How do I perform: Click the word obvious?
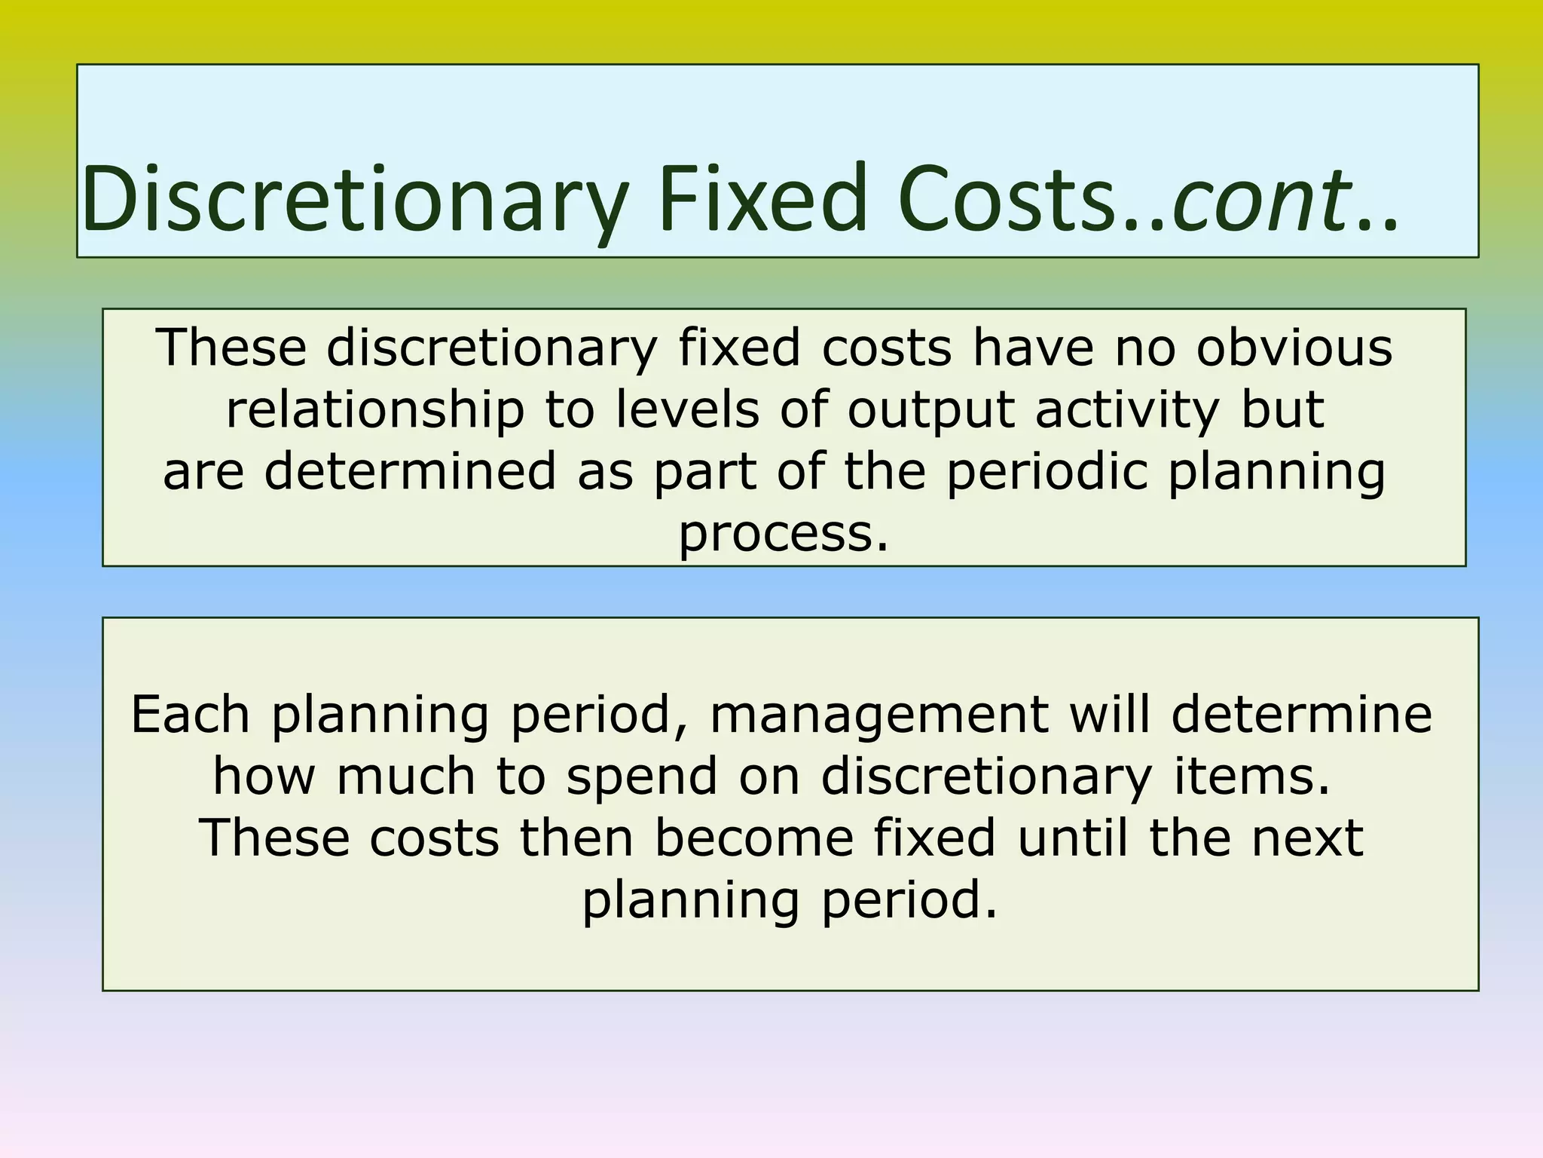[1294, 348]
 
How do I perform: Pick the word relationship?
[374, 410]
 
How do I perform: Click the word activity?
[1126, 412]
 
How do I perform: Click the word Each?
[191, 714]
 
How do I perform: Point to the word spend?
[641, 777]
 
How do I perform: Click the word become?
[753, 838]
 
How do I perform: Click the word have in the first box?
[1033, 348]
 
